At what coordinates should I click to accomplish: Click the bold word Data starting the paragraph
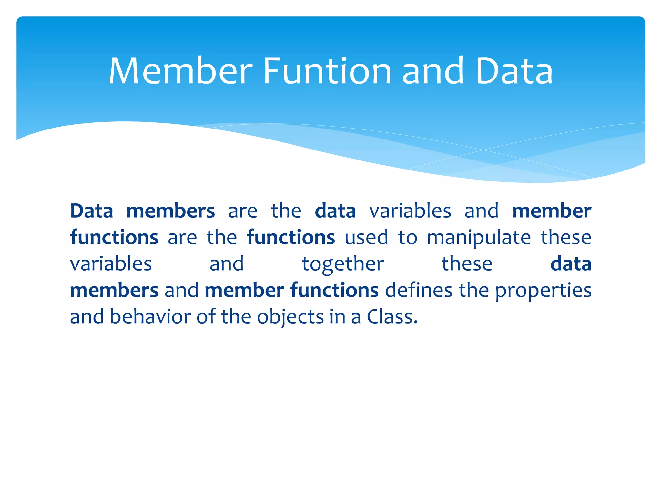click(92, 211)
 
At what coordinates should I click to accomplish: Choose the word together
click(342, 264)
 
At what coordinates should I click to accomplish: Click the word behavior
click(150, 316)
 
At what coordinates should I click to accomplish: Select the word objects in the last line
click(290, 317)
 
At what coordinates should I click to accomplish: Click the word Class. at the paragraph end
click(392, 316)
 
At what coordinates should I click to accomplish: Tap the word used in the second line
click(366, 238)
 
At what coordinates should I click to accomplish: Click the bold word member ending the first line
click(551, 211)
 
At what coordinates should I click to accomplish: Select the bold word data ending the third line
click(571, 264)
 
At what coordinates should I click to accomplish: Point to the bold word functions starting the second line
click(114, 238)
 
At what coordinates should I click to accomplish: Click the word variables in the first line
click(410, 211)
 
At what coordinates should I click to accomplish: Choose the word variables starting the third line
click(111, 264)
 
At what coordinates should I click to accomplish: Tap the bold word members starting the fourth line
click(114, 290)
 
